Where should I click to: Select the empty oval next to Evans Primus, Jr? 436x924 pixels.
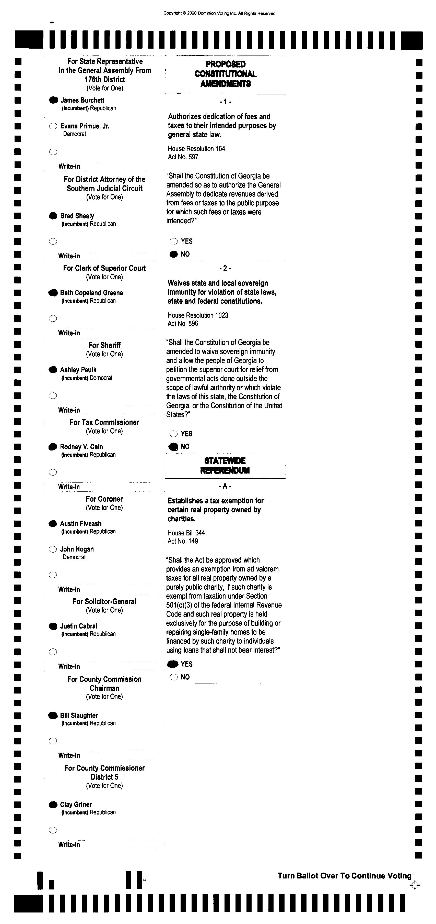coord(53,126)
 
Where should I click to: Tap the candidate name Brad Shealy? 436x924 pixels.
coord(77,216)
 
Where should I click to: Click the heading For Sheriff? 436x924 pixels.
coord(104,345)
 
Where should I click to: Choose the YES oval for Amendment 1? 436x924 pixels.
coord(174,241)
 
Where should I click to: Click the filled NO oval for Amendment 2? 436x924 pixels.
coord(173,447)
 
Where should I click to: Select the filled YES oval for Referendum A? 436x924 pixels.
coord(173,664)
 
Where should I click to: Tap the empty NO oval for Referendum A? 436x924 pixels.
coord(174,677)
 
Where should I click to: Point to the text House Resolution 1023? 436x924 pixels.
coord(198,315)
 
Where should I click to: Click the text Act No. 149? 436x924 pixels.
coord(183,541)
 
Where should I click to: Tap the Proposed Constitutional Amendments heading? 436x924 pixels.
coord(225,74)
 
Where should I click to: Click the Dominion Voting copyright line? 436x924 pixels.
coord(219,14)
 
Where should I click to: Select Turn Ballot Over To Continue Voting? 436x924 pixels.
coord(344,876)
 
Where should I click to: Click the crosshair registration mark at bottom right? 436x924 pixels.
coord(415,885)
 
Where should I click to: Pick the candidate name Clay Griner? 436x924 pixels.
coord(76,805)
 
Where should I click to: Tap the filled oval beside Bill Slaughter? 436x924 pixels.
coord(53,716)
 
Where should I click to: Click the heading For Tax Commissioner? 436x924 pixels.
coord(104,422)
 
